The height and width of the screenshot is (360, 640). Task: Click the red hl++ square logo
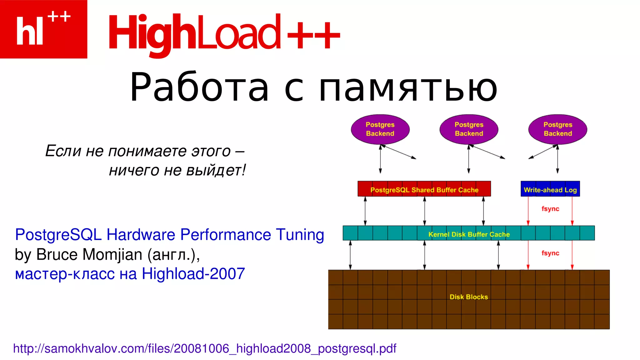tap(43, 29)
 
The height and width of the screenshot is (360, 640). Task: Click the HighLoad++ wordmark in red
tap(224, 33)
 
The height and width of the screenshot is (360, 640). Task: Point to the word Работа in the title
tap(199, 87)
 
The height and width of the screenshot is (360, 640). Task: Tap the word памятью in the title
tap(408, 88)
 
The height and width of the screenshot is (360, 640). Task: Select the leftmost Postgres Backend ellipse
tap(380, 129)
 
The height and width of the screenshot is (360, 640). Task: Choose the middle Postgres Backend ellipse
tap(469, 129)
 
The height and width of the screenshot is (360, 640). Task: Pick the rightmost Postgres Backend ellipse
tap(557, 129)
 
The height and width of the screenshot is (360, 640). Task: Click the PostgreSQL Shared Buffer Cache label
tap(424, 190)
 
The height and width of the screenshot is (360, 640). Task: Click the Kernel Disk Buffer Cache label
tap(469, 234)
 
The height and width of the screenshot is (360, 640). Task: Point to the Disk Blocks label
tap(468, 297)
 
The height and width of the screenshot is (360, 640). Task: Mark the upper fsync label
tap(550, 208)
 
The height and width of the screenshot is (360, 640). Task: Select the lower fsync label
tap(550, 253)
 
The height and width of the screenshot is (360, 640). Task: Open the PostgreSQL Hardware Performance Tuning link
tap(169, 235)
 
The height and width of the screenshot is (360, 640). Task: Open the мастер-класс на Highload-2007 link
tap(130, 274)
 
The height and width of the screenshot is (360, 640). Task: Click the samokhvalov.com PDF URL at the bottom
tap(205, 348)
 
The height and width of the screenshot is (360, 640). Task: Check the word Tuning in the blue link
tap(300, 235)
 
